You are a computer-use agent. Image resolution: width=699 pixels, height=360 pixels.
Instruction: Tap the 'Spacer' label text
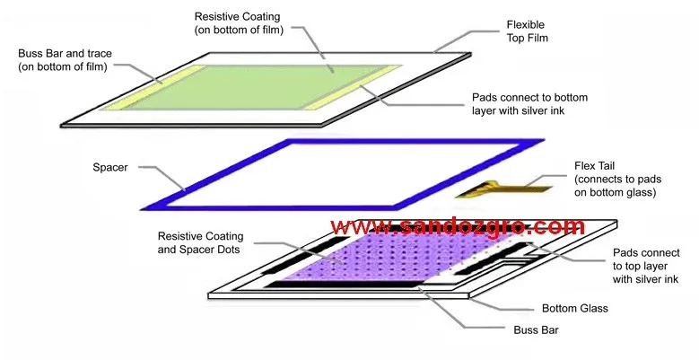111,168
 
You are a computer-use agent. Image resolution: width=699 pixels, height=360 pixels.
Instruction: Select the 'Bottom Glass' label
575,308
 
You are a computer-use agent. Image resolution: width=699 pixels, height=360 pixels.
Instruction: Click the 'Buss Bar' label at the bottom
534,330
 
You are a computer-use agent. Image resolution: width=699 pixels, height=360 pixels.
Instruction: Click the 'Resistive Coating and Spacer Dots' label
199,242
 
